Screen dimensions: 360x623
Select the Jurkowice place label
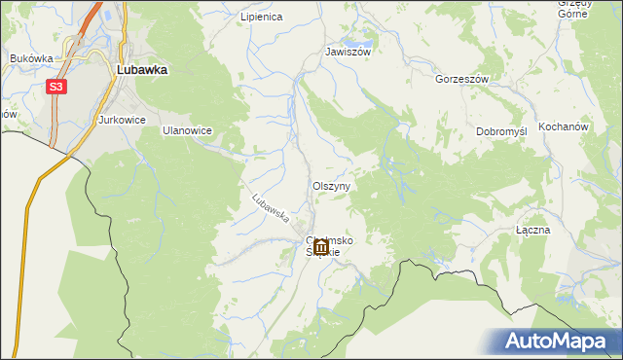pyautogui.click(x=122, y=120)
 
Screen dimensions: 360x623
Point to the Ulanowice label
pyautogui.click(x=187, y=129)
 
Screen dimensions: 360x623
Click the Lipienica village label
pyautogui.click(x=261, y=18)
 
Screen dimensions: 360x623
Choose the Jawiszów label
pyautogui.click(x=348, y=52)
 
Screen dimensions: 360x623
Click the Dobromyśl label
pyautogui.click(x=501, y=131)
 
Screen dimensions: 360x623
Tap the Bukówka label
pyautogui.click(x=30, y=58)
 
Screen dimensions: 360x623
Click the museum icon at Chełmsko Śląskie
pyautogui.click(x=320, y=245)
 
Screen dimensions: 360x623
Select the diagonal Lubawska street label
pyautogui.click(x=271, y=206)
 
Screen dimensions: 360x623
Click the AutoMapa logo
pyautogui.click(x=558, y=341)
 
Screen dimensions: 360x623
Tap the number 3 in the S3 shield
pyautogui.click(x=61, y=88)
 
